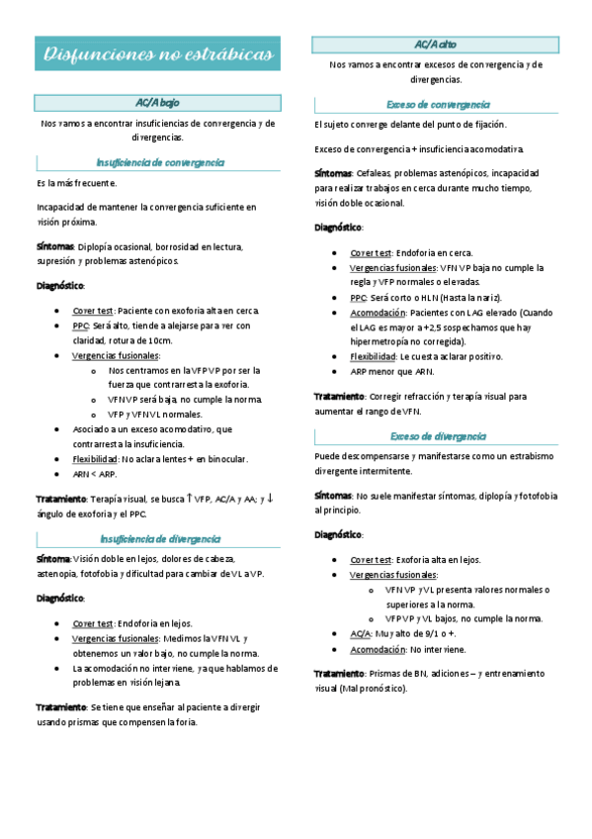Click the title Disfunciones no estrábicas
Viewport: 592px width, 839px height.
[158, 54]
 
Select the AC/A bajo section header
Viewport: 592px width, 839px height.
[157, 103]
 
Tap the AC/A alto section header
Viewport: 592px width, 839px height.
[435, 45]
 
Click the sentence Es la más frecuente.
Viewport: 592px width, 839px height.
[76, 184]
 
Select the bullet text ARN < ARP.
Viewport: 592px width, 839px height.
[94, 474]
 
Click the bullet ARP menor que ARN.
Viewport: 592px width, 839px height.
[391, 371]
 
